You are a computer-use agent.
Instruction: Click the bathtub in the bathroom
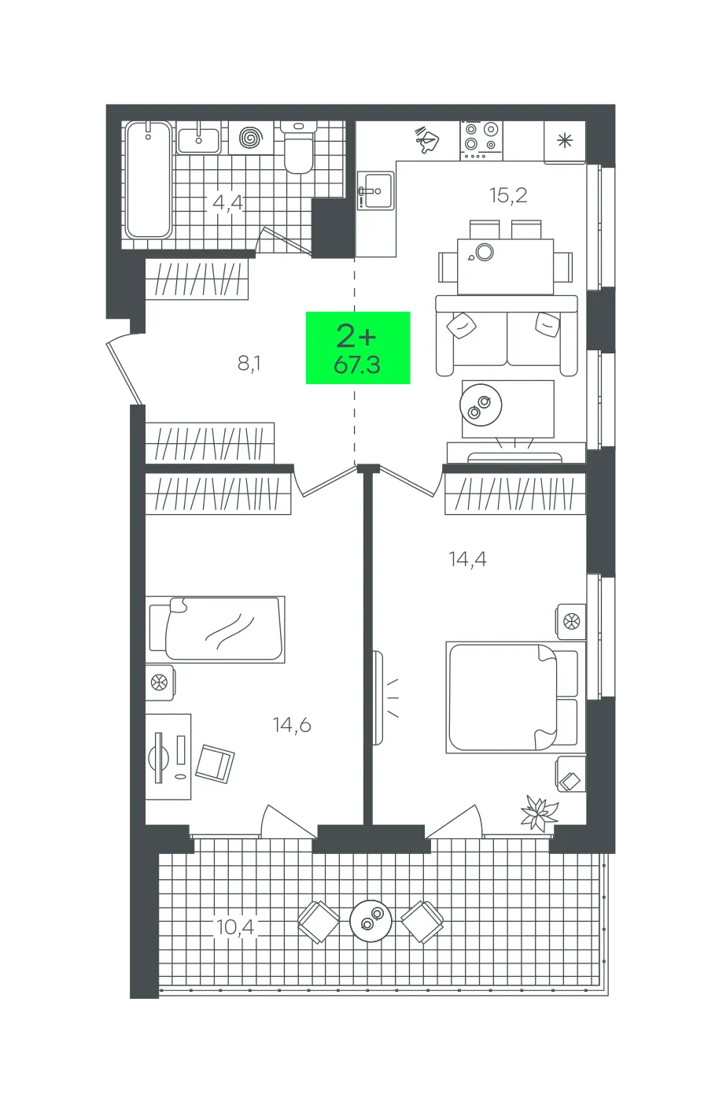(149, 179)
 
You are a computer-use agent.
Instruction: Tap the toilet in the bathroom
(298, 148)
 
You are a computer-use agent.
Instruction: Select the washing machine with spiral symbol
(251, 138)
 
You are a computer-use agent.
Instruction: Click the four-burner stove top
(481, 141)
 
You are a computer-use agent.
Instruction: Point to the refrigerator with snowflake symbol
(565, 141)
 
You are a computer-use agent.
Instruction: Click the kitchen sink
(376, 190)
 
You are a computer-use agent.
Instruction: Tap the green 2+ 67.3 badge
(357, 347)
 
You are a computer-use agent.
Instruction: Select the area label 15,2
(508, 196)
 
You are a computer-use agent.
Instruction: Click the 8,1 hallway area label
(249, 364)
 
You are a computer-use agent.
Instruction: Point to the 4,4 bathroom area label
(227, 202)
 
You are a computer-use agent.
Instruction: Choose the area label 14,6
(292, 725)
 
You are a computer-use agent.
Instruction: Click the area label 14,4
(468, 560)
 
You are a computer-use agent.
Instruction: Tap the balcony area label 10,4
(235, 927)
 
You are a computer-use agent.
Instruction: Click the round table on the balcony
(371, 920)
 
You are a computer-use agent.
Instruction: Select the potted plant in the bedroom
(540, 814)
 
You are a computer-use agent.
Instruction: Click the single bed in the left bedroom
(217, 629)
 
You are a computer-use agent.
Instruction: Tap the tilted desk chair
(215, 764)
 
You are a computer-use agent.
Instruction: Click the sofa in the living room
(507, 335)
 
